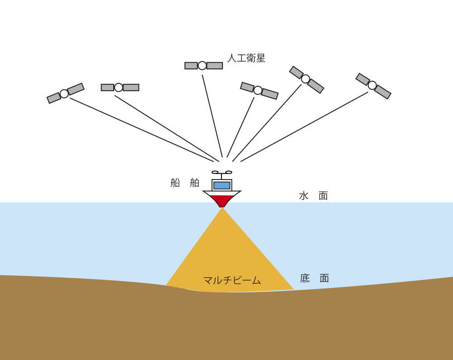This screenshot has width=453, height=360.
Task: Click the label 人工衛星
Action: pyautogui.click(x=246, y=58)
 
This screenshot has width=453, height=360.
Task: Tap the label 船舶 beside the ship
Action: pyautogui.click(x=185, y=183)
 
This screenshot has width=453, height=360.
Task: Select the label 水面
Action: pyautogui.click(x=313, y=196)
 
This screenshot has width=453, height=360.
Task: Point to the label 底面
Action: pyautogui.click(x=314, y=278)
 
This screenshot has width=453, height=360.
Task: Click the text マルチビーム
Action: pyautogui.click(x=232, y=281)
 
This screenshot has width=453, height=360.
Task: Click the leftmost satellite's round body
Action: pyautogui.click(x=64, y=94)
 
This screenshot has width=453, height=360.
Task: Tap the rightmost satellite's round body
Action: pyautogui.click(x=372, y=85)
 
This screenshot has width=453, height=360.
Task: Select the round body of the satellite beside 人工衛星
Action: pyautogui.click(x=202, y=66)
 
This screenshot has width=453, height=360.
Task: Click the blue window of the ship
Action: pyautogui.click(x=222, y=185)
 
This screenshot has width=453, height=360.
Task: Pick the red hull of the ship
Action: pyautogui.click(x=222, y=200)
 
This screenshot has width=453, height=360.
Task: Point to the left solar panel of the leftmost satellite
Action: pyautogui.click(x=54, y=98)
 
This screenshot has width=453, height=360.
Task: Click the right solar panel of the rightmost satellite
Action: pyautogui.click(x=382, y=92)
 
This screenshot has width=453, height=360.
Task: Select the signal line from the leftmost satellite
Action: pyautogui.click(x=140, y=129)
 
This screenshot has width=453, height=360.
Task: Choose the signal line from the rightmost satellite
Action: pyautogui.click(x=304, y=127)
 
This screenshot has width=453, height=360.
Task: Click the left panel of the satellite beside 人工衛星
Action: pyautogui.click(x=191, y=66)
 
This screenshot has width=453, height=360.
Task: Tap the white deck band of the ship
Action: pyautogui.click(x=222, y=193)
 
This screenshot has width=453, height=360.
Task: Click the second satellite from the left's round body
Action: pyautogui.click(x=119, y=88)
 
